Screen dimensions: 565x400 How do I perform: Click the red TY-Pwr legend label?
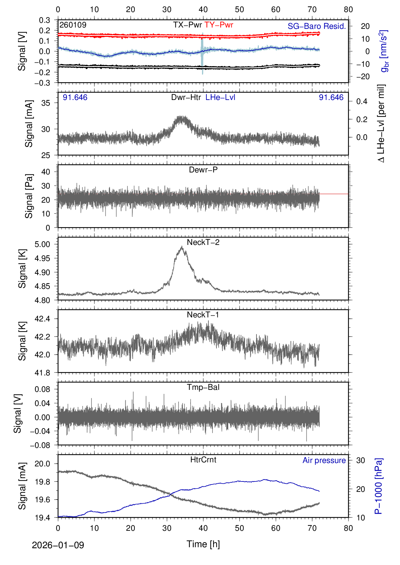pos(219,25)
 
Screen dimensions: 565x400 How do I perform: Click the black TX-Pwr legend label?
pos(188,25)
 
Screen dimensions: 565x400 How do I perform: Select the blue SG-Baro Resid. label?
pos(317,26)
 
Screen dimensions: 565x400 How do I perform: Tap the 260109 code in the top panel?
pos(73,25)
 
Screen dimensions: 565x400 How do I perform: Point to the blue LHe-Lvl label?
pos(220,97)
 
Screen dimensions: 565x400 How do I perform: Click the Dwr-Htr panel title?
pos(186,97)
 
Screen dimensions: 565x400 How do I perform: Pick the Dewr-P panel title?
pos(203,170)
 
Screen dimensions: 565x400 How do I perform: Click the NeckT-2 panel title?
pos(203,242)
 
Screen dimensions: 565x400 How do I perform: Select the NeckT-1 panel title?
pos(203,315)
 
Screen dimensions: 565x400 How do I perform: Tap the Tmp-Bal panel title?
pos(203,387)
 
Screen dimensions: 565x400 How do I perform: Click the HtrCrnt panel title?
pos(203,460)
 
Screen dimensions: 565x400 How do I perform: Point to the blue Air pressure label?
pos(324,460)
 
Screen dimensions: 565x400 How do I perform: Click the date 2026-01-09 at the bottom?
pos(58,545)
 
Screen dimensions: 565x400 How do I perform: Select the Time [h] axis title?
pos(203,544)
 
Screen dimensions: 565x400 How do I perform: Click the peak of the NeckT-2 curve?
pos(182,247)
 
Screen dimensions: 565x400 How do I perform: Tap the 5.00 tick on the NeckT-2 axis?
pos(42,244)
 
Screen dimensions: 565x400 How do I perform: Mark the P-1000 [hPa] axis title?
pos(378,486)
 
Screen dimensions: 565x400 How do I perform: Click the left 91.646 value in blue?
pos(75,97)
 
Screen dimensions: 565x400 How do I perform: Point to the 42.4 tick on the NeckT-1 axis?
pos(42,319)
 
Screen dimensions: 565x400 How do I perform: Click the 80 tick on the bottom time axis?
pos(348,528)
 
